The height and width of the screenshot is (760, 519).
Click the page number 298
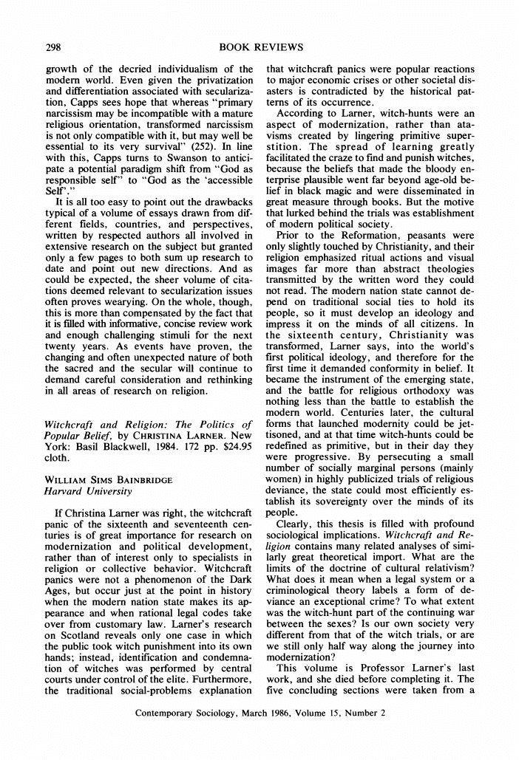pyautogui.click(x=53, y=47)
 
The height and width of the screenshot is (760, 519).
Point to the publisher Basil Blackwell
pyautogui.click(x=100, y=445)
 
